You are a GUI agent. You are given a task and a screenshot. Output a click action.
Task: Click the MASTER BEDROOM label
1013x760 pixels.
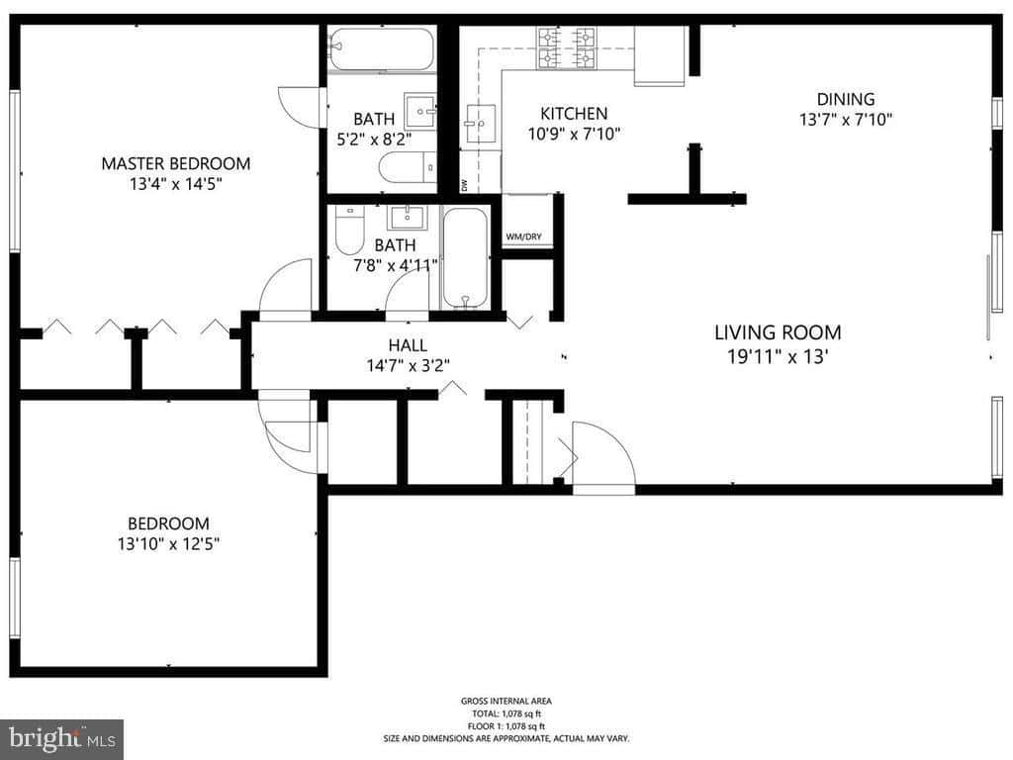(176, 163)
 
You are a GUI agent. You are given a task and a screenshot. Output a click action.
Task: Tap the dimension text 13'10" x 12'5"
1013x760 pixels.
(168, 544)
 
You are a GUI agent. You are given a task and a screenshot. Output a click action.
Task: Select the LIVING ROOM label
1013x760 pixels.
(778, 332)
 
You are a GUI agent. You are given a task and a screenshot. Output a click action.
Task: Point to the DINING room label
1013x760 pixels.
(846, 99)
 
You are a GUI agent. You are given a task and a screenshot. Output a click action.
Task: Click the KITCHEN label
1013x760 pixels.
(574, 114)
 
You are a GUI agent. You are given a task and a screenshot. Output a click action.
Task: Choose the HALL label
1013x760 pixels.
(408, 345)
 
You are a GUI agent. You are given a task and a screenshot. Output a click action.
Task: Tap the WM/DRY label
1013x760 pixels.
(523, 237)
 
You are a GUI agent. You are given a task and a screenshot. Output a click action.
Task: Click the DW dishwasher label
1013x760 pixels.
(464, 185)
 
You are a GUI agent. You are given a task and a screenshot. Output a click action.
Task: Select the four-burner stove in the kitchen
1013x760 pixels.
(567, 47)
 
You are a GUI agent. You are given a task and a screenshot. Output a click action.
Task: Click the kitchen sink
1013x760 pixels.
(482, 123)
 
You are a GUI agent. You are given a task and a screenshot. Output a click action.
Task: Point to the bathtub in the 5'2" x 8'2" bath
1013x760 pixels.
(381, 48)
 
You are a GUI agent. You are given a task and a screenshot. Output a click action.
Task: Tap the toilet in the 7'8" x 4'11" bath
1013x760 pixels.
(349, 230)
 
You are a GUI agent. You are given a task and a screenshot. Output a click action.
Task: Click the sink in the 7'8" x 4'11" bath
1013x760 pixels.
(407, 217)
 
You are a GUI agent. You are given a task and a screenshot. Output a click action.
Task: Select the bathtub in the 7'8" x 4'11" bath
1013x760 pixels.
(465, 258)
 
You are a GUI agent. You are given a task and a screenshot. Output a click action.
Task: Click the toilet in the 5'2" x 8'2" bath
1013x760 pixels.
(408, 167)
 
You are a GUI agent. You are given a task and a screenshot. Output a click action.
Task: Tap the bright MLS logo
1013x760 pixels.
(62, 738)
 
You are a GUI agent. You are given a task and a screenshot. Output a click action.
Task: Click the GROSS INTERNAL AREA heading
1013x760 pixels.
(506, 702)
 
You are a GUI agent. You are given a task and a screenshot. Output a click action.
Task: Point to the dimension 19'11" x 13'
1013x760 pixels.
(778, 356)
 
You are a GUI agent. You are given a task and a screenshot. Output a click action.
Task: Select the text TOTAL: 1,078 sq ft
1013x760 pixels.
(506, 713)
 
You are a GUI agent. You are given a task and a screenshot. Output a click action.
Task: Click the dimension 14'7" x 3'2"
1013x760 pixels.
(408, 366)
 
